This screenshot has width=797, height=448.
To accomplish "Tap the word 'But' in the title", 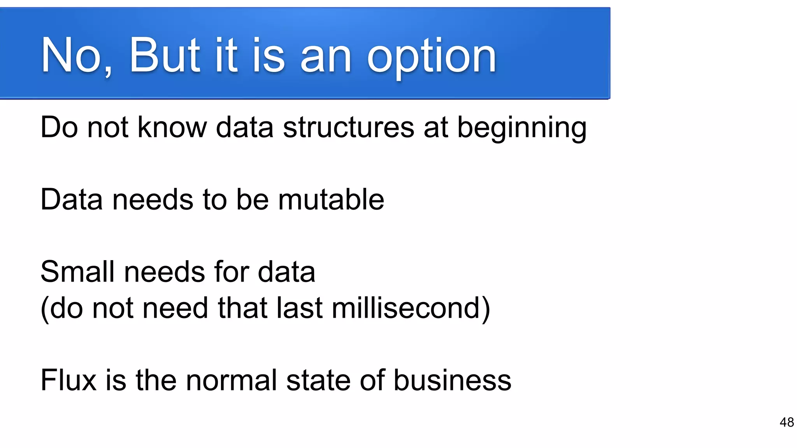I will pyautogui.click(x=164, y=55).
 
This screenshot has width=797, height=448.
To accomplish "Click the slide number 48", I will pyautogui.click(x=786, y=422).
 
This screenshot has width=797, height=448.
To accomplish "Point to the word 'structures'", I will pyautogui.click(x=348, y=128).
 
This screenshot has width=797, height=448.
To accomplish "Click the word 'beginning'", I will pyautogui.click(x=521, y=128).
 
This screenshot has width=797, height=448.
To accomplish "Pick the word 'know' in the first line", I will pyautogui.click(x=172, y=128).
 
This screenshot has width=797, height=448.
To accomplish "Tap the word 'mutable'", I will pyautogui.click(x=331, y=199).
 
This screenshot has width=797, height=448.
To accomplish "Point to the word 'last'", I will pyautogui.click(x=299, y=308).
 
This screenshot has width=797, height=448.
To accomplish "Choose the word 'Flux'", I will pyautogui.click(x=68, y=380).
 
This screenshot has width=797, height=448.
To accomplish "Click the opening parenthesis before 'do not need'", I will pyautogui.click(x=44, y=309).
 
